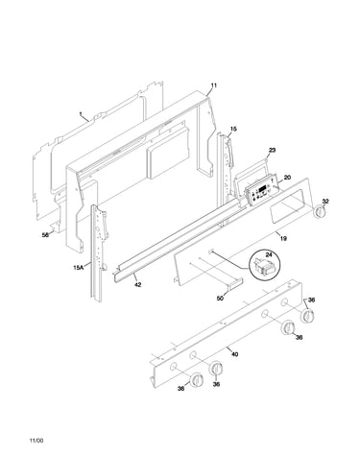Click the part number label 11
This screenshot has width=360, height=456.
pyautogui.click(x=214, y=85)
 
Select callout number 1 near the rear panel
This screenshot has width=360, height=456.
pyautogui.click(x=81, y=113)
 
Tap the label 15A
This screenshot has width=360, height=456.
pyautogui.click(x=78, y=267)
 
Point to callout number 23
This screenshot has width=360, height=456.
pyautogui.click(x=272, y=150)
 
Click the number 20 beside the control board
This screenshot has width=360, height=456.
pyautogui.click(x=287, y=177)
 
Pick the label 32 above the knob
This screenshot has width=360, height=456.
pyautogui.click(x=325, y=202)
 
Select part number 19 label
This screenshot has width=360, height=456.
pyautogui.click(x=283, y=238)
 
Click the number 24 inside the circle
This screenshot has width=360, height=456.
pyautogui.click(x=269, y=254)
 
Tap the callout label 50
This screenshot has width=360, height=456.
pyautogui.click(x=220, y=299)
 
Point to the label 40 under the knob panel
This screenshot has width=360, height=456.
pyautogui.click(x=234, y=354)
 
